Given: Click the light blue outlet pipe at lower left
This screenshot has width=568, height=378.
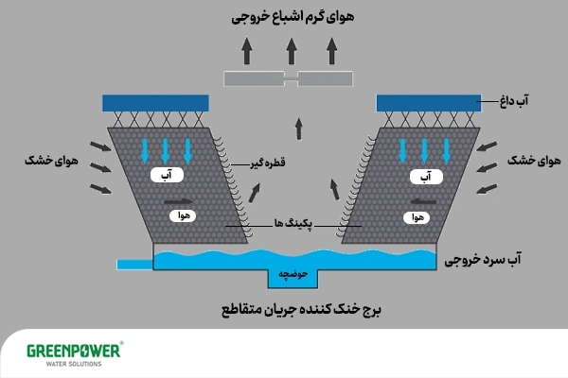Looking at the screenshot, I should [133, 263].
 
